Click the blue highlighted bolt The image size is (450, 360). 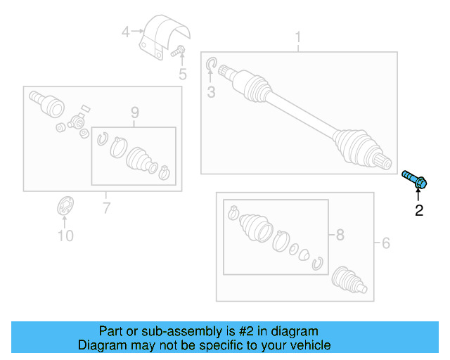click(416, 180)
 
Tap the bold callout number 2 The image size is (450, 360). click(419, 210)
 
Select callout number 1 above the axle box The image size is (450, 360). click(297, 36)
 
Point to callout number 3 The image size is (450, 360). click(210, 93)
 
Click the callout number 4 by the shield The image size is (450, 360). click(126, 31)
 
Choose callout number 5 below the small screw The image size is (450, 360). click(182, 74)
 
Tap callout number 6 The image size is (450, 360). click(385, 243)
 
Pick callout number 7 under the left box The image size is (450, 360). click(106, 207)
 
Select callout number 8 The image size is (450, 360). click(340, 235)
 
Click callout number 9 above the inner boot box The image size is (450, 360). click(134, 112)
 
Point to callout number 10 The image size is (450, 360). click(65, 236)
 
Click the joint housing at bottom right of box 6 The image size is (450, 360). click(349, 279)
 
